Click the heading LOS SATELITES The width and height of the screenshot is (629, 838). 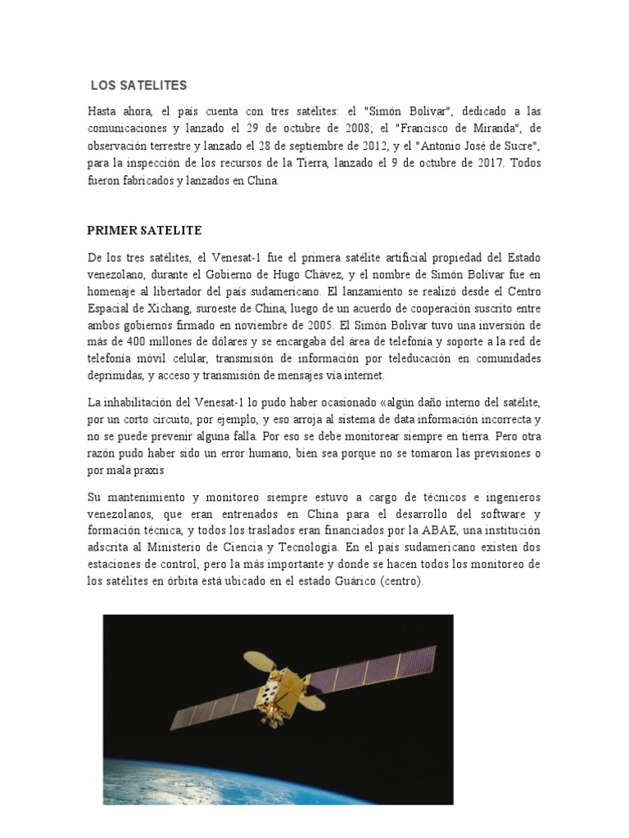tap(139, 84)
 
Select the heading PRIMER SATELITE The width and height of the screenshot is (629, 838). tap(144, 231)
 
